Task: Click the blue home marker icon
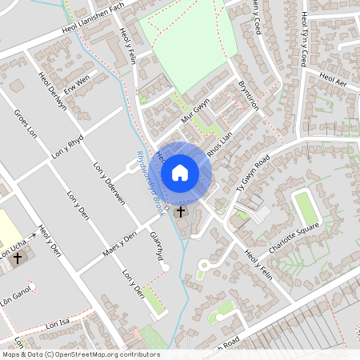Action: pyautogui.click(x=180, y=173)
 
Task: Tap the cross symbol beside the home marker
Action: pyautogui.click(x=181, y=212)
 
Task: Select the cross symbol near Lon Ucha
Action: pyautogui.click(x=18, y=258)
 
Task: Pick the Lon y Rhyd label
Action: pyautogui.click(x=66, y=150)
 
